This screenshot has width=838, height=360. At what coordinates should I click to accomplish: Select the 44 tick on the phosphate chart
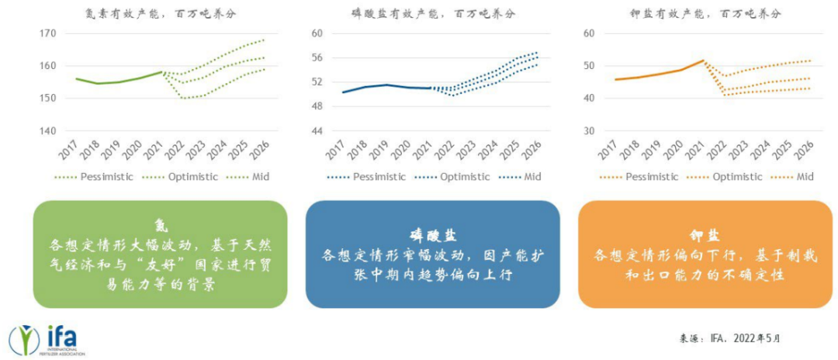tap(316, 131)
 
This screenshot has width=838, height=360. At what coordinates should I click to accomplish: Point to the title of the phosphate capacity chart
tap(433, 13)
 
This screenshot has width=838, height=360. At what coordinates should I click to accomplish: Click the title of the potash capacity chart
tap(704, 13)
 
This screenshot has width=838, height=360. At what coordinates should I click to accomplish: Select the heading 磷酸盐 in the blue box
tap(431, 235)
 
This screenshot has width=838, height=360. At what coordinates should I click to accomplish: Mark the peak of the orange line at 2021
tap(704, 60)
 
